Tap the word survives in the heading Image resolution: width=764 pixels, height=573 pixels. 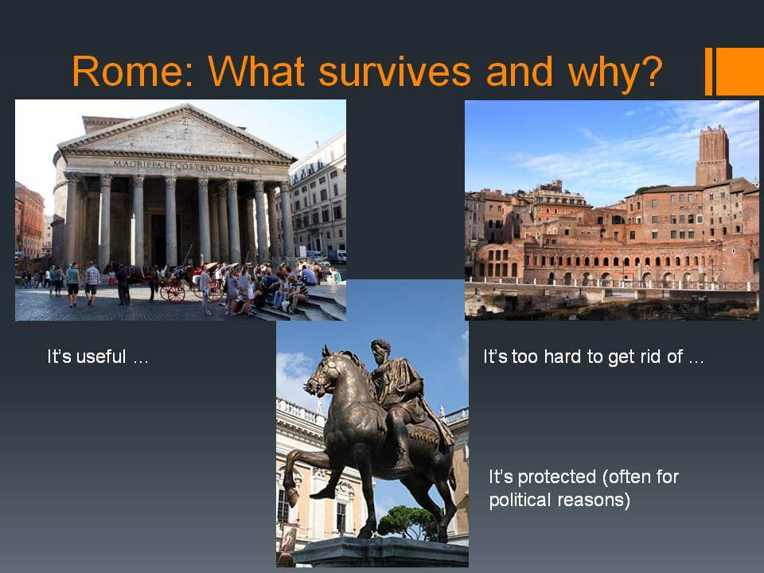click(394, 72)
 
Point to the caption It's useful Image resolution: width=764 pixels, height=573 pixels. click(97, 357)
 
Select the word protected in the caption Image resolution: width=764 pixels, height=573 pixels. click(557, 477)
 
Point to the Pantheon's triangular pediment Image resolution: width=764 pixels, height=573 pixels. click(177, 131)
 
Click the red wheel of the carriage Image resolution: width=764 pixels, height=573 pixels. click(176, 294)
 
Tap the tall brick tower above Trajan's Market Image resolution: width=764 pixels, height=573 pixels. click(713, 156)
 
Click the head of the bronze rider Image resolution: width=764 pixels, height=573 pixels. click(380, 350)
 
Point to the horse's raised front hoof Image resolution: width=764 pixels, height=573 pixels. click(292, 497)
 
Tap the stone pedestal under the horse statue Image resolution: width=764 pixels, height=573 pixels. click(381, 552)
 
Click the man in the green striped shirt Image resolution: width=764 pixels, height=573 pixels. click(72, 283)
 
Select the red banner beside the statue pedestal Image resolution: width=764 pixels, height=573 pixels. click(288, 539)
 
